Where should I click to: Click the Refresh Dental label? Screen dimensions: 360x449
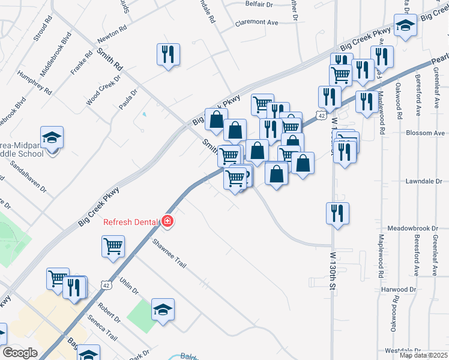(131, 222)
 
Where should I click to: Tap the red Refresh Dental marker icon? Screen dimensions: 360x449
(167, 222)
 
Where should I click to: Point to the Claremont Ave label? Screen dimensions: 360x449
(257, 22)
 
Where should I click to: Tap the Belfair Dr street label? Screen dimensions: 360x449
(259, 4)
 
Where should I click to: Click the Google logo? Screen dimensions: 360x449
(20, 353)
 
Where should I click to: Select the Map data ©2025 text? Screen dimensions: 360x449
(423, 355)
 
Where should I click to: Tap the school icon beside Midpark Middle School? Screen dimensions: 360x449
(52, 137)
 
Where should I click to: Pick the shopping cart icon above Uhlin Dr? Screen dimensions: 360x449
(113, 246)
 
